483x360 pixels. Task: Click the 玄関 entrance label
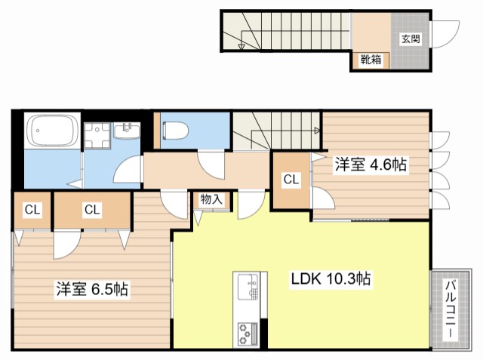coord(410,39)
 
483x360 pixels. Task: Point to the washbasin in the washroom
coord(126,132)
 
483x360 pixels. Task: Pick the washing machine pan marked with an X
coord(97,134)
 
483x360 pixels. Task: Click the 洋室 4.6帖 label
coord(371,165)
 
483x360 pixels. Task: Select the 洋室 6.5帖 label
coord(91,289)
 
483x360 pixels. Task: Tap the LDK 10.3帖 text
coord(331,278)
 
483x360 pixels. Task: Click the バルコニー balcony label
coord(450,310)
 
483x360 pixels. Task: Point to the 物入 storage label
coord(211,200)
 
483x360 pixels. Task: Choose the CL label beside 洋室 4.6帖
coord(291,180)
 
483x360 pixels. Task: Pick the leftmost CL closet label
coord(31,209)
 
